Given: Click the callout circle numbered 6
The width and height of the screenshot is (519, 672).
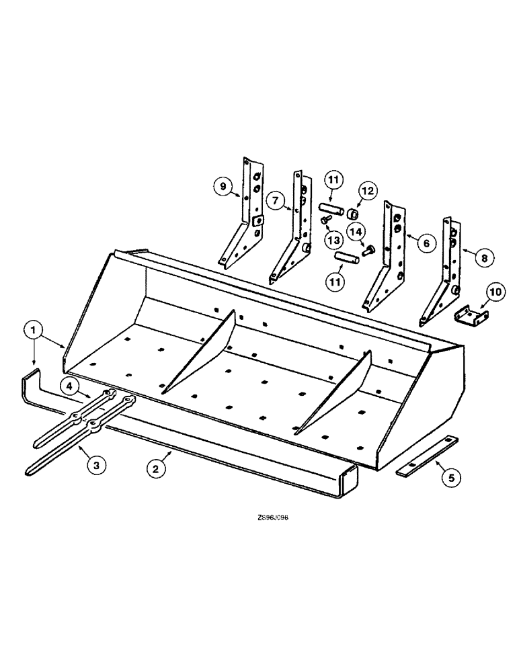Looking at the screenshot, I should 425,243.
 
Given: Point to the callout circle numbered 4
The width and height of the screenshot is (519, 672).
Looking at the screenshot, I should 71,386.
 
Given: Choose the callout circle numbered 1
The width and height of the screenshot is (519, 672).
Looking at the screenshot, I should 35,329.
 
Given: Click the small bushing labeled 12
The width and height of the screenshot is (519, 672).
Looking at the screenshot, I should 350,213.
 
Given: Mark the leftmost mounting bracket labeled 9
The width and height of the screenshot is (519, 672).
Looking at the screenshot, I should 243,215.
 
